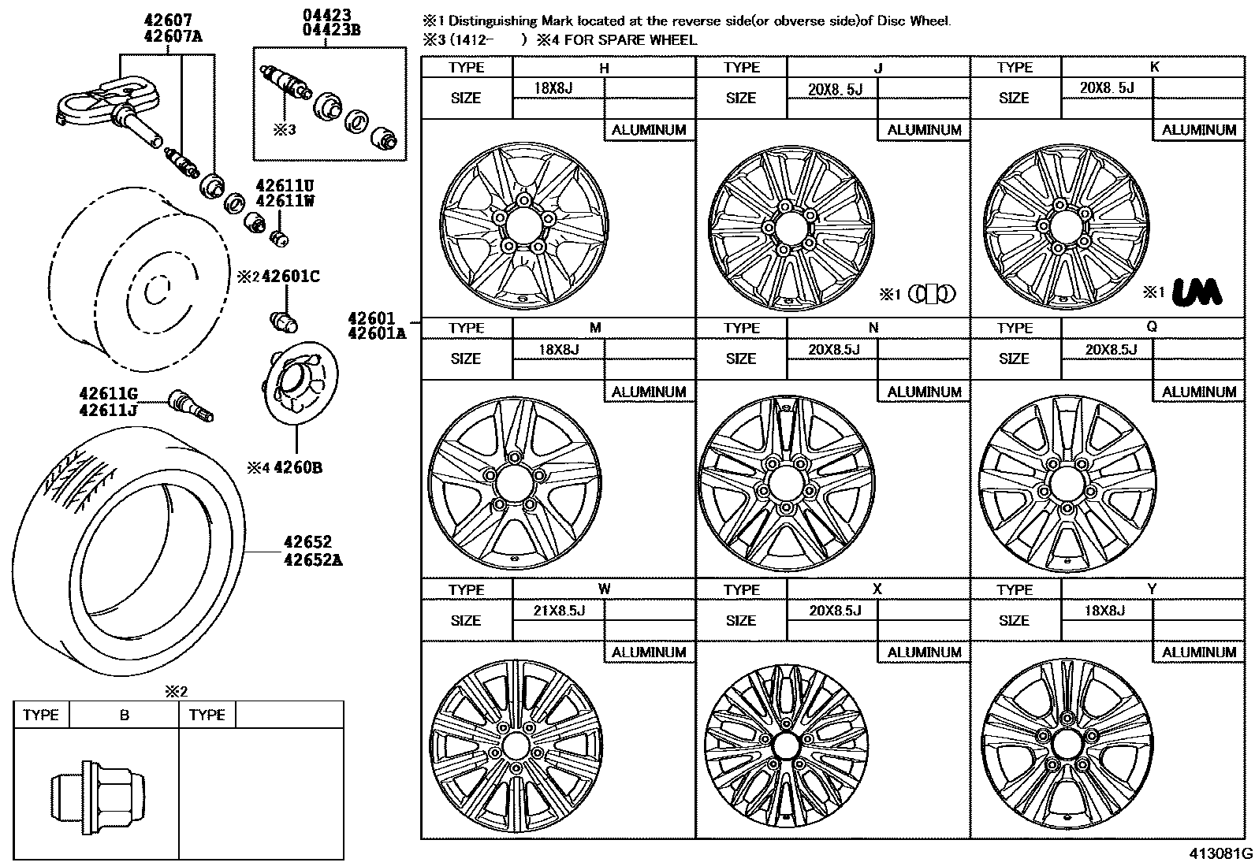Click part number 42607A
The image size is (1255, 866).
[x=167, y=35]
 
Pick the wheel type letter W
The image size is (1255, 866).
[x=604, y=589]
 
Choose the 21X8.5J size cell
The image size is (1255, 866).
[x=559, y=610]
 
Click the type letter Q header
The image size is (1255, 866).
[x=1152, y=327]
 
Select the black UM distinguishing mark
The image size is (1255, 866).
[x=1197, y=292]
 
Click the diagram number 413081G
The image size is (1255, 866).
[x=1221, y=853]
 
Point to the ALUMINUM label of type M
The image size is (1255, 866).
[x=649, y=392]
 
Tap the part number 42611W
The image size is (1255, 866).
[x=285, y=200]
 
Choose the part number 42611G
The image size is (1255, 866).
[x=108, y=393]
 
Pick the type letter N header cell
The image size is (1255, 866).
[x=873, y=327]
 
